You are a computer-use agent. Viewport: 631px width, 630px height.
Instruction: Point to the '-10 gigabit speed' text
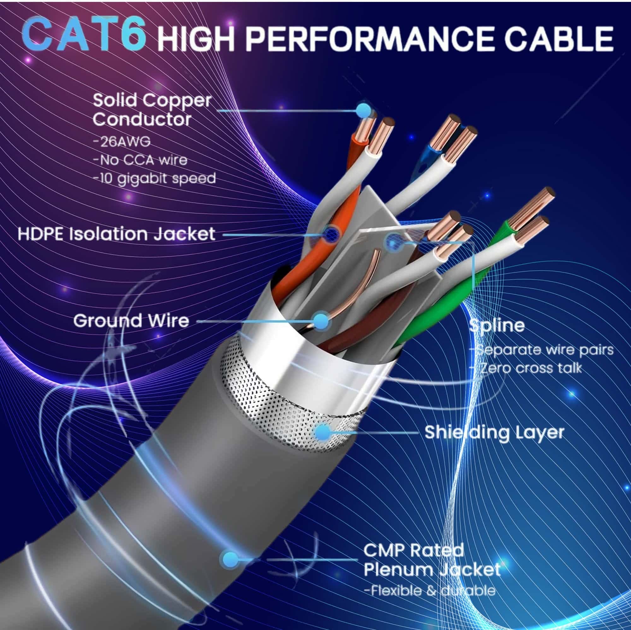click(x=155, y=179)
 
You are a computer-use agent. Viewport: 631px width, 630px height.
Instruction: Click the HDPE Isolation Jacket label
click(x=117, y=234)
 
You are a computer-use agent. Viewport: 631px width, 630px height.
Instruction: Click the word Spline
click(x=496, y=325)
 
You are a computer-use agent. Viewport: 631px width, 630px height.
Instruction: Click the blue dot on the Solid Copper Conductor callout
click(x=363, y=111)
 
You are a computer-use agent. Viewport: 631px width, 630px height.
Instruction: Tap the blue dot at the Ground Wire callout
click(x=322, y=321)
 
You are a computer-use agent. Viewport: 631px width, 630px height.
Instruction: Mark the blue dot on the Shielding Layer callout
click(x=323, y=432)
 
